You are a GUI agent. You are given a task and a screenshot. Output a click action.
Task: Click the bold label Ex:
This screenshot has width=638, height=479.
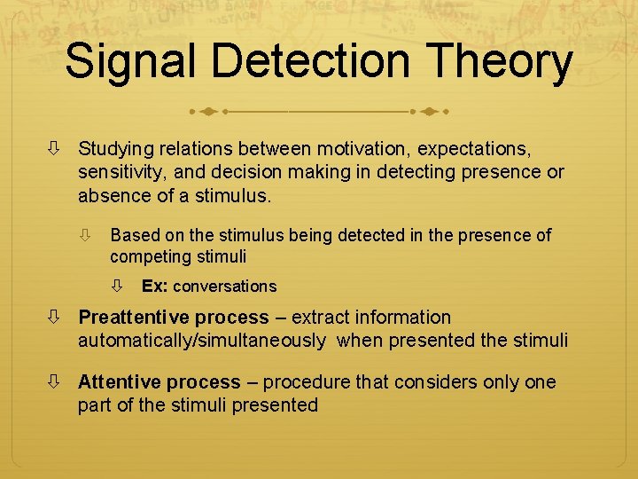pyautogui.click(x=155, y=287)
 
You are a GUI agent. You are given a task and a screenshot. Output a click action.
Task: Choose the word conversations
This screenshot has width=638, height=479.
pyautogui.click(x=225, y=287)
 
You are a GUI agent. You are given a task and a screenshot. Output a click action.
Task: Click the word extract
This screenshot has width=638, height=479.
pyautogui.click(x=322, y=318)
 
